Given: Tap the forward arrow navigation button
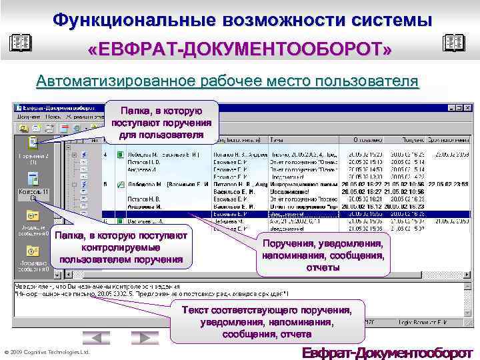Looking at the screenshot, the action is (x=145, y=338).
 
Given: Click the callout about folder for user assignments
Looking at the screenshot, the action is (x=162, y=122).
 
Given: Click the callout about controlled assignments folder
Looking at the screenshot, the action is (x=121, y=247).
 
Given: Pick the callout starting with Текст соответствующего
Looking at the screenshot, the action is (x=267, y=322).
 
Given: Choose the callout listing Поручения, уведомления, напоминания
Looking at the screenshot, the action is (x=323, y=255).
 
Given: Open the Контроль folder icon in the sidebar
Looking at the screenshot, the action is (x=32, y=180).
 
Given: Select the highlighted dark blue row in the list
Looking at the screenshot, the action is (x=287, y=215).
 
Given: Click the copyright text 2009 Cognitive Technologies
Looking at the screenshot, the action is (x=47, y=352).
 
